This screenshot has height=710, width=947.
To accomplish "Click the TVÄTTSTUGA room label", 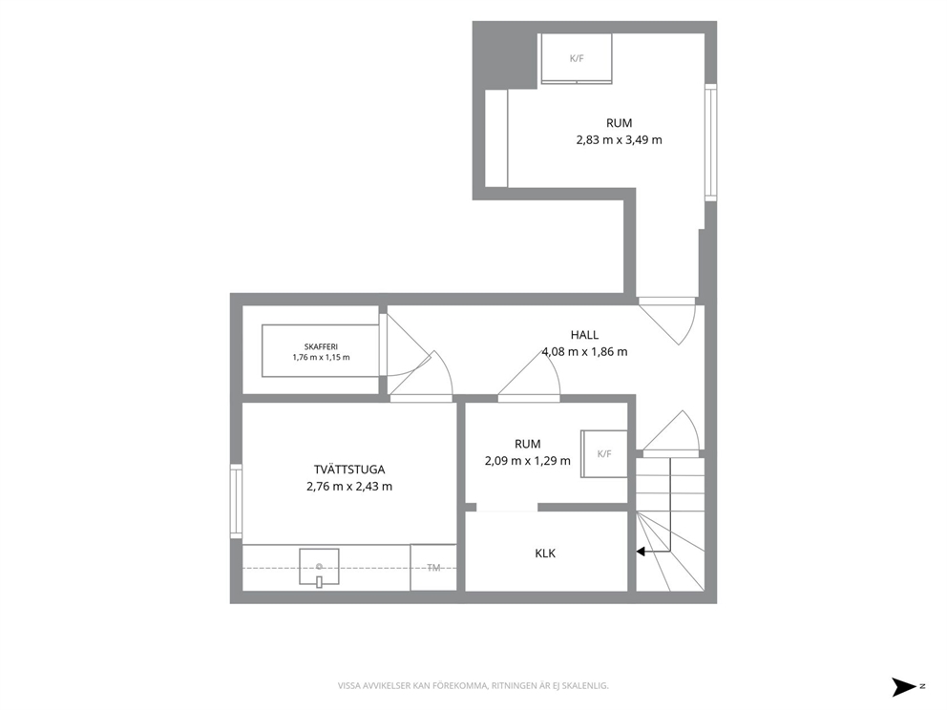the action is (349, 470).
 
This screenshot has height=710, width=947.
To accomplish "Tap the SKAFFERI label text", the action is (321, 346).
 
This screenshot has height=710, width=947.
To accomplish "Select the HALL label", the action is (584, 334).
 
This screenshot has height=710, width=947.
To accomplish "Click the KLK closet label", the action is (545, 553).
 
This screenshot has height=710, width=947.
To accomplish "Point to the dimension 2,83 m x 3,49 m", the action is (619, 140).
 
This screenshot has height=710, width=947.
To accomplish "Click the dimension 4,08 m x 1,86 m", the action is (584, 351).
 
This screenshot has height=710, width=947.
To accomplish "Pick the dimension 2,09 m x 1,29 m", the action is (527, 461).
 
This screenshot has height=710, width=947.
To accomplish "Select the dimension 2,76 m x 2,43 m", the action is (349, 486).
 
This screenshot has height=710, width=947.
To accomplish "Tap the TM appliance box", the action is (433, 568).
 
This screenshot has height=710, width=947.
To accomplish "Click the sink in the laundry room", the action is (319, 567).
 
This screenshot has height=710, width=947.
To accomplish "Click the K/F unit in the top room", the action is (577, 58).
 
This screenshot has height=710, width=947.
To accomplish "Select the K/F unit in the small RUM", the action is (604, 453).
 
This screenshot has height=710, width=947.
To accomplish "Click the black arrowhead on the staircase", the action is (641, 552).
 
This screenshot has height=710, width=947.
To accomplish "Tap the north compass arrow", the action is (905, 687).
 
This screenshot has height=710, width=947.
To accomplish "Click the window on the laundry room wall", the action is (236, 501).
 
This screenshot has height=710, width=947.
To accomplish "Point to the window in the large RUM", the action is (711, 142).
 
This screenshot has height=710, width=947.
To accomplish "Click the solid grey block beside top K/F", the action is (505, 55).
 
